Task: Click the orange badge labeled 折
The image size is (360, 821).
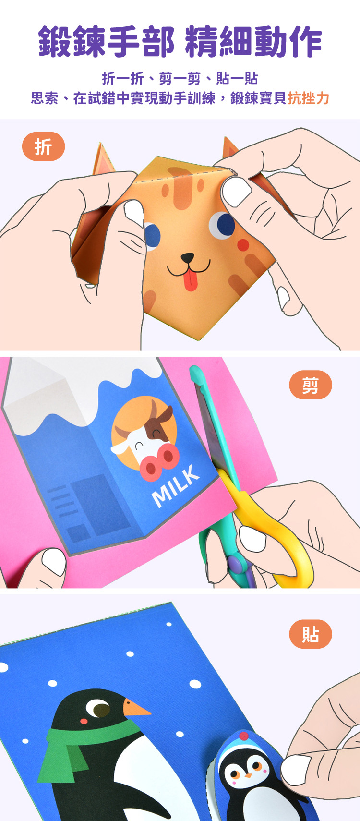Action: click(x=43, y=146)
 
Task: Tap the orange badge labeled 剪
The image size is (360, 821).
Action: click(x=311, y=385)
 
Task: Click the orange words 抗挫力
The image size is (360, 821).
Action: click(x=308, y=98)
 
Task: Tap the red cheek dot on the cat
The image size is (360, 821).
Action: click(x=243, y=245)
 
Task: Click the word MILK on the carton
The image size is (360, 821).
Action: click(x=176, y=486)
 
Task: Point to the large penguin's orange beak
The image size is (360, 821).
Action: click(x=135, y=708)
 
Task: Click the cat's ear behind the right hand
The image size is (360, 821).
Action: click(x=229, y=148)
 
